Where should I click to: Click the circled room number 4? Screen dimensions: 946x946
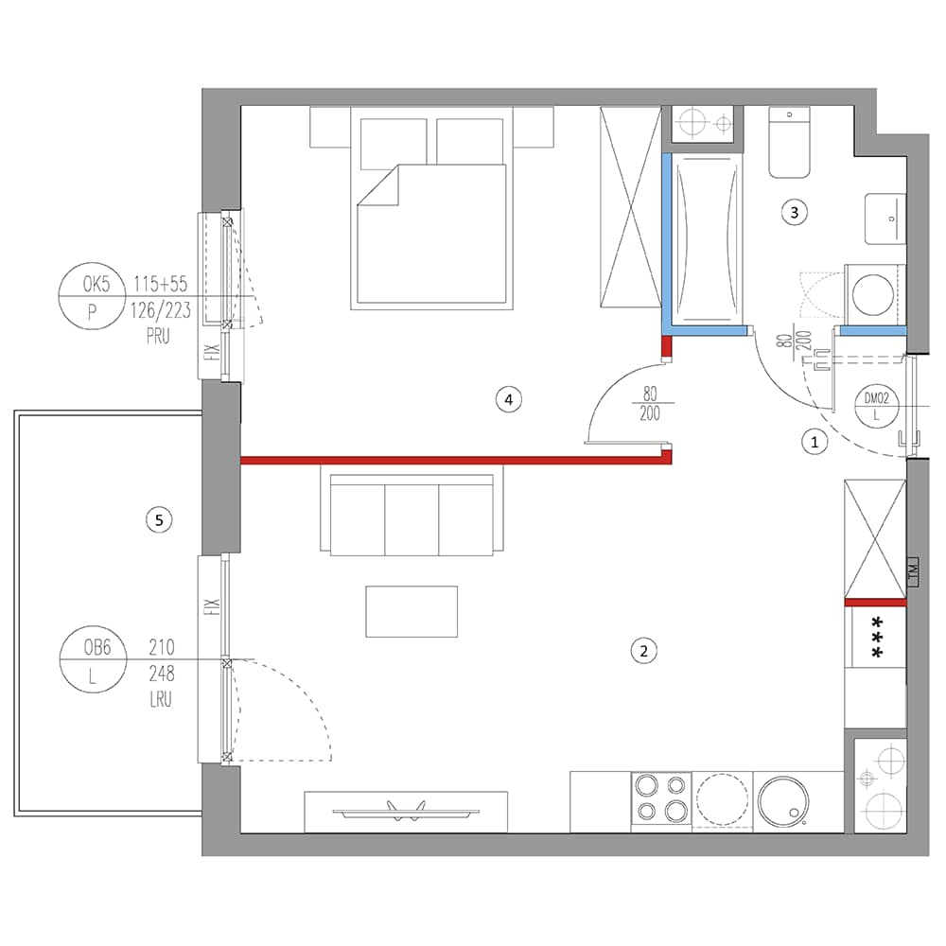509,399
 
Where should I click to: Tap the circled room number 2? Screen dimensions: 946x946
643,651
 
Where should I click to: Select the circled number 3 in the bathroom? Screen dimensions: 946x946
794,212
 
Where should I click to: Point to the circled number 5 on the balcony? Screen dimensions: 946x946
159,520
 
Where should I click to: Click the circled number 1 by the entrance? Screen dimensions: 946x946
815,442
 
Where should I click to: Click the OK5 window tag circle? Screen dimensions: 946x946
92,296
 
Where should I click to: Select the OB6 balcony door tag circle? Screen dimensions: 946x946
93,659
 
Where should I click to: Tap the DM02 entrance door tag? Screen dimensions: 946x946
877,406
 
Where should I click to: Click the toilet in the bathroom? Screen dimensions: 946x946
789,143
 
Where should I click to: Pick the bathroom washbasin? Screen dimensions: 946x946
885,219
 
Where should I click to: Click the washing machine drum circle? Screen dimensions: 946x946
873,294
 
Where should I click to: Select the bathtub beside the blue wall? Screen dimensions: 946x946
708,239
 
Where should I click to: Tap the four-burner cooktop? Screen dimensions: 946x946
661,798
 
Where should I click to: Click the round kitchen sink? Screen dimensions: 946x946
783,800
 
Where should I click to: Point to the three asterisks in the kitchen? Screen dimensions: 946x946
876,637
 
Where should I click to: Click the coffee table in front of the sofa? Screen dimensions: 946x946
412,611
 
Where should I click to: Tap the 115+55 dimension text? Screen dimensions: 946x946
161,284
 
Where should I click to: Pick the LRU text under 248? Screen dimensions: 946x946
161,699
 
